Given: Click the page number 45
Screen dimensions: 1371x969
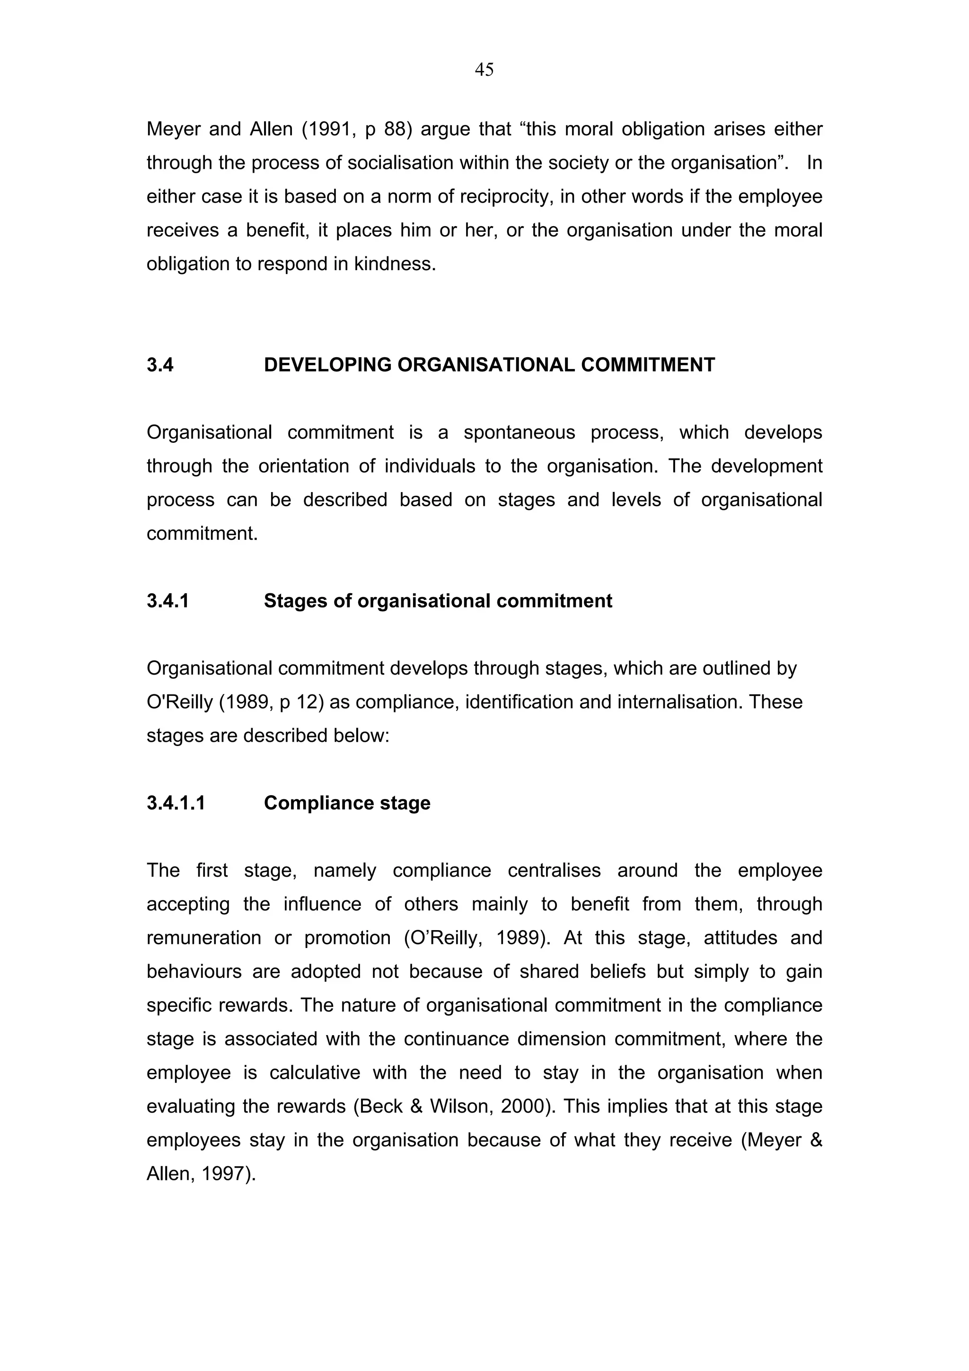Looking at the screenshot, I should click(x=484, y=70).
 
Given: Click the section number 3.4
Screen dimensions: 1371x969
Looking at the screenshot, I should click(x=160, y=365).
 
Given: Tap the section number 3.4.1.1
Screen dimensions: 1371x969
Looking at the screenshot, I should click(x=176, y=803).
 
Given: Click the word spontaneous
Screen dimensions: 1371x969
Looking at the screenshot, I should click(x=519, y=432).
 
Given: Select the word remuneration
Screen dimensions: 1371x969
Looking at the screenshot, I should click(x=203, y=938).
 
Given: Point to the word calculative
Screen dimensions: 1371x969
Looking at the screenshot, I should click(x=315, y=1073).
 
